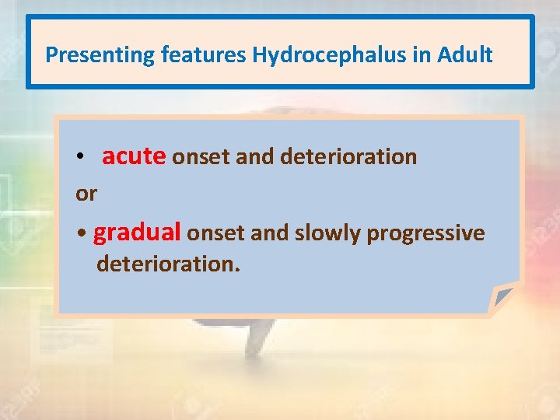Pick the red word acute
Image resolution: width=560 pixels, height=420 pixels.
tap(133, 156)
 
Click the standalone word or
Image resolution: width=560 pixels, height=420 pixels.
tap(86, 194)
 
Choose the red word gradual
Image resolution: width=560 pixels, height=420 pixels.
tap(137, 233)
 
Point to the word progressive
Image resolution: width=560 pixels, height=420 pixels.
tap(425, 233)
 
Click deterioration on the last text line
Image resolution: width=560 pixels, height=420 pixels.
tap(168, 264)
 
